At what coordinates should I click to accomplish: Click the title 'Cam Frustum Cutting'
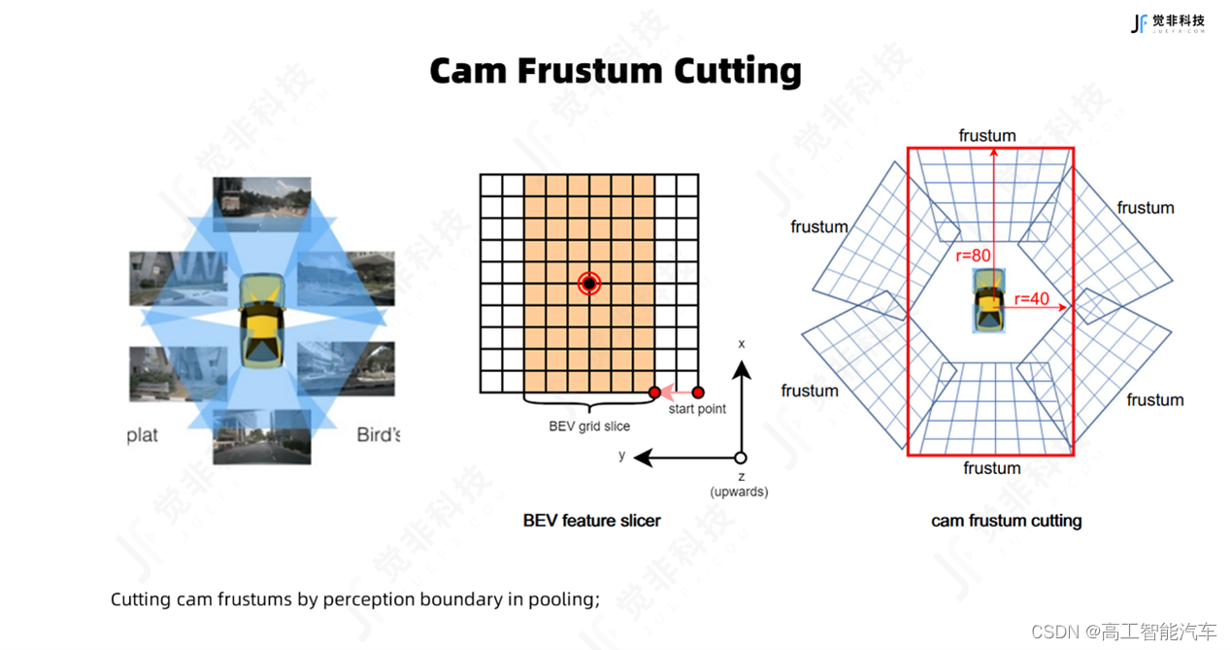(x=616, y=71)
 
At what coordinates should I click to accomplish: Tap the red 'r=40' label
(x=1031, y=298)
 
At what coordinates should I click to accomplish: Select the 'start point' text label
(x=697, y=409)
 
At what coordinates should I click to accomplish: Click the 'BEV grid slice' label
(x=589, y=426)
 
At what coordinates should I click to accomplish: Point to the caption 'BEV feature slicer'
(x=591, y=521)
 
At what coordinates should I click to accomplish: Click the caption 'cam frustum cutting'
(x=1006, y=521)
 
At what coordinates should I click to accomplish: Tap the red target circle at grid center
(x=589, y=283)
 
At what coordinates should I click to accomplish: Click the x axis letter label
(x=742, y=344)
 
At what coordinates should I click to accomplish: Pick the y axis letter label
(x=622, y=455)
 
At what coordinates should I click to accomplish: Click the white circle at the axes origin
(x=741, y=458)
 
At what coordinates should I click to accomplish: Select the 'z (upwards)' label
(x=739, y=484)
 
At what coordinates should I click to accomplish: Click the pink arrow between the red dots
(x=676, y=393)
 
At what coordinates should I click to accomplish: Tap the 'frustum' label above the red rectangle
(x=987, y=136)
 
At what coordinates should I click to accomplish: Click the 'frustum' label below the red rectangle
(x=991, y=468)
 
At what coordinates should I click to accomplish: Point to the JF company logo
(x=1167, y=23)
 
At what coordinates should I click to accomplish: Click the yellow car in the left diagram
(x=261, y=319)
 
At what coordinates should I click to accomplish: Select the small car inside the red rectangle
(x=988, y=301)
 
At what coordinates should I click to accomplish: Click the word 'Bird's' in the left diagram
(x=379, y=434)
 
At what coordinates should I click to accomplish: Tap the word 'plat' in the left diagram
(x=142, y=434)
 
